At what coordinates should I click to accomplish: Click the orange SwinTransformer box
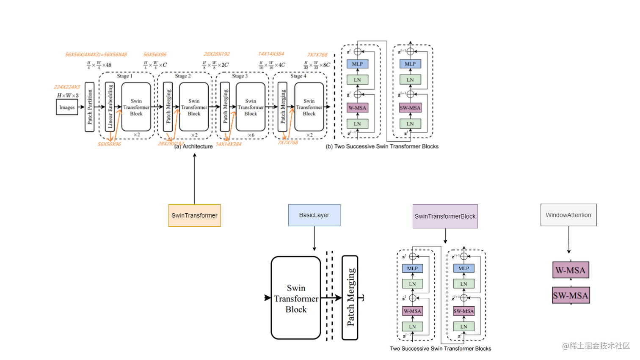coord(194,215)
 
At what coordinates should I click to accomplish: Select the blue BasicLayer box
coord(314,215)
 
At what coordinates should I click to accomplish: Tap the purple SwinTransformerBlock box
coord(445,216)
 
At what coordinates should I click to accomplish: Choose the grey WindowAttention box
coord(568,215)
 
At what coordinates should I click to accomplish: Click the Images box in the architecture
coord(67,107)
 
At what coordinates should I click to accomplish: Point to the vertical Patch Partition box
coord(89,107)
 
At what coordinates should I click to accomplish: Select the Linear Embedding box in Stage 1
coord(110,107)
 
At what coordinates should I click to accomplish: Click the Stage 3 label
coord(240,76)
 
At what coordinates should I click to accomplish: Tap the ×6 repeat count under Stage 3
coord(251,135)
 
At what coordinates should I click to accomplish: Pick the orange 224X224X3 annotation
coord(67,87)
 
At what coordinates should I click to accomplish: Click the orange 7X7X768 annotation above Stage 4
coord(317,55)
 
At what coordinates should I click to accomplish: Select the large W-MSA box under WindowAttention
coord(570,270)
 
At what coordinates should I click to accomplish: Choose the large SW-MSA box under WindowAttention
coord(571,295)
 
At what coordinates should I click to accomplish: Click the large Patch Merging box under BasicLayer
coord(350,297)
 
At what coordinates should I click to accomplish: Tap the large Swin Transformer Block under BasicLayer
coord(295,298)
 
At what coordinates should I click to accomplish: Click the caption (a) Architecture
coord(193,146)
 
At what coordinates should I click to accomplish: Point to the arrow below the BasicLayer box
coord(314,239)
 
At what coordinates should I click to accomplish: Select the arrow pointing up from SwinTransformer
coord(195,178)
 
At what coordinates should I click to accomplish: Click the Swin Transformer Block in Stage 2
coord(194,107)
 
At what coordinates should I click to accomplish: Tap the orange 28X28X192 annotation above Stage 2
coord(216,54)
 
